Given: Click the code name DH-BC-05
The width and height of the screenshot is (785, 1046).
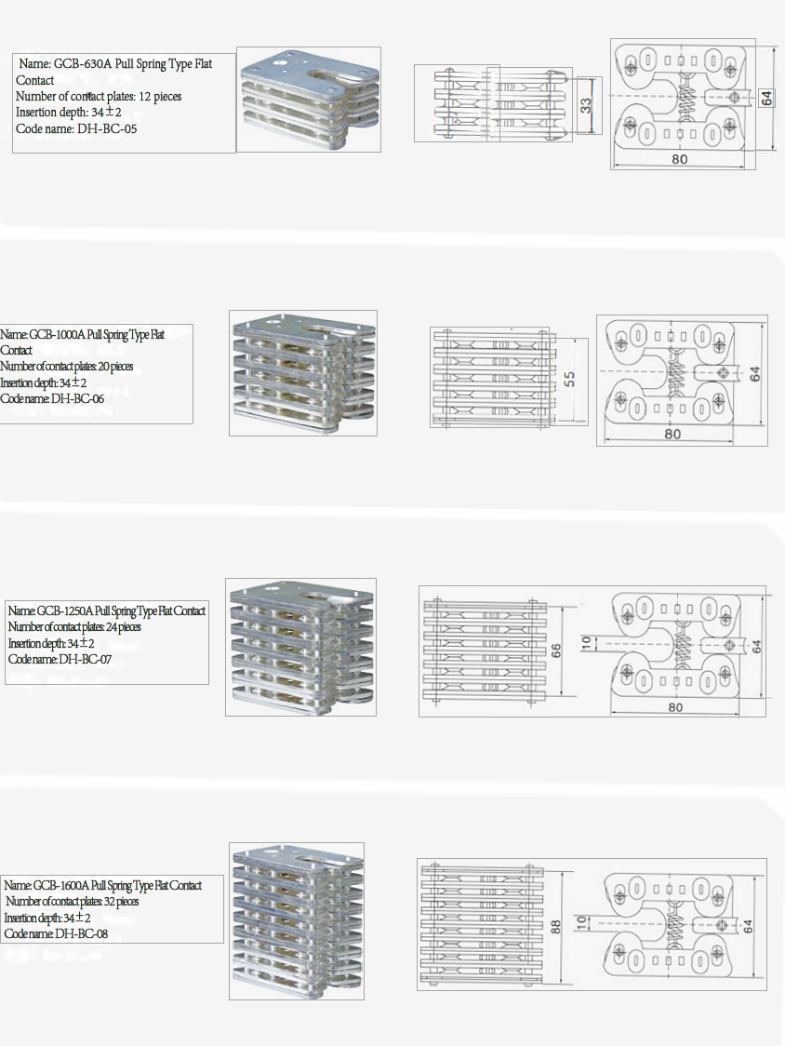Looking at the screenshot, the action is pos(107,128).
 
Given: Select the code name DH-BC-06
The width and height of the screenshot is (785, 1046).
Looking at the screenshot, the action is pos(77,399).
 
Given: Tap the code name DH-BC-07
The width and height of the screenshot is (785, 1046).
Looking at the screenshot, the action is pos(86,660).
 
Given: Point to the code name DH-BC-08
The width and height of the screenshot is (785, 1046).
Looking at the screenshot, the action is pos(81,934).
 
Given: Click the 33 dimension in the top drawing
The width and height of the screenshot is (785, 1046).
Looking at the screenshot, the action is pos(586,105).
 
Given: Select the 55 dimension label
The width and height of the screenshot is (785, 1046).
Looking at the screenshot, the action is pos(569,379).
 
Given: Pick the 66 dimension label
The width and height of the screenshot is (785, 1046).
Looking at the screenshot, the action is pos(556,650).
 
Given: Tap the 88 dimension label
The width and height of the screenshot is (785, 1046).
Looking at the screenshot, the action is pos(555,926).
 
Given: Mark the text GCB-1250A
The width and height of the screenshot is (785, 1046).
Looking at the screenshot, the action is pos(65,611).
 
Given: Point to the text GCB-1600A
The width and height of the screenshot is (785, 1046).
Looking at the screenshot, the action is pos(60,886).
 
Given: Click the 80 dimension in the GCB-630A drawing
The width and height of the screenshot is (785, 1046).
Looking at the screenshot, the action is pos(680,159).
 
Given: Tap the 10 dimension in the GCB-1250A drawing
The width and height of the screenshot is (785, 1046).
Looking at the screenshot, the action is pos(586,643).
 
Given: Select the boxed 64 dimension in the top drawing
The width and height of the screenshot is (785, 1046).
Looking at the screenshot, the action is pos(767,98).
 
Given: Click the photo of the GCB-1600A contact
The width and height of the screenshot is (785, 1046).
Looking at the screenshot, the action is pos(297,920).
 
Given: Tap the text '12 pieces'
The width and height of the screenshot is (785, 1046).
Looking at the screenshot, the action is pos(159,97).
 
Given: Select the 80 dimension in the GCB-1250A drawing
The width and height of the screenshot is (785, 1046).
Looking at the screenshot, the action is pos(675,707).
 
